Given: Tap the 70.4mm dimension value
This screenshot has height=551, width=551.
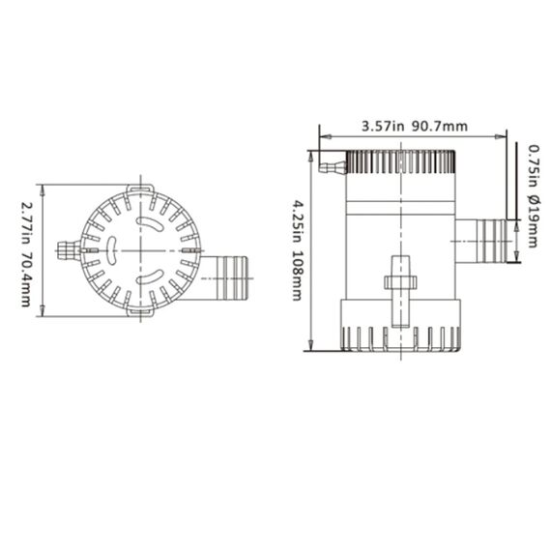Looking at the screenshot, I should click(27, 278).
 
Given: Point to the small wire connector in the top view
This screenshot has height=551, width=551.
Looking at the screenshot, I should click(67, 250).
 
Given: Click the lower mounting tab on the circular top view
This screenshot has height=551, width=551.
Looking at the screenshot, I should click(140, 311).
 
